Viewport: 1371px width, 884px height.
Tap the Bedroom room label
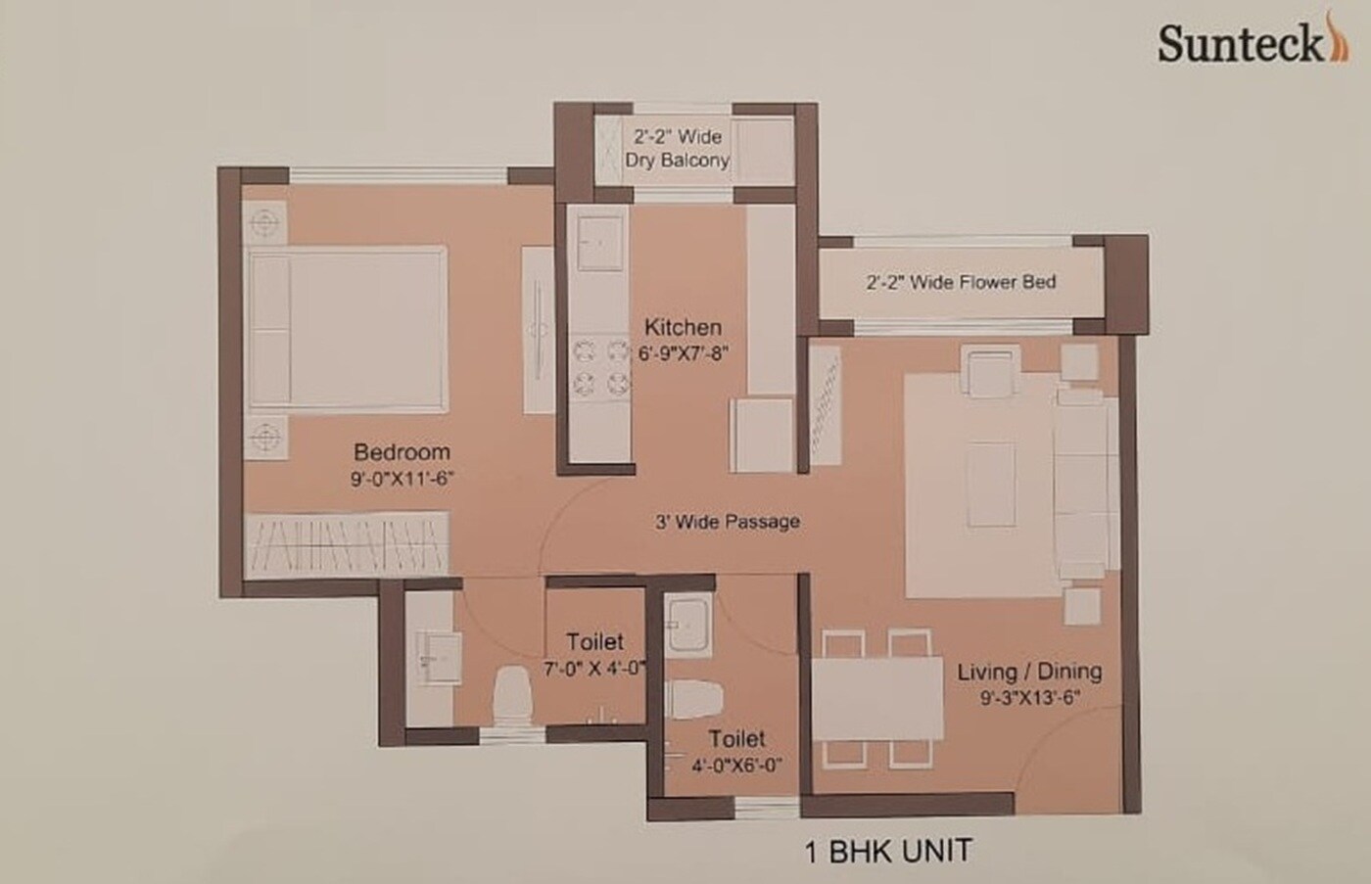(x=402, y=452)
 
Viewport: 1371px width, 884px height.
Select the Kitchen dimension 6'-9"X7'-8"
(x=683, y=352)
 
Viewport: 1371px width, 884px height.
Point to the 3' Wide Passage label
(x=727, y=522)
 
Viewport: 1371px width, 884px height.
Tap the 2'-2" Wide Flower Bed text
(x=961, y=283)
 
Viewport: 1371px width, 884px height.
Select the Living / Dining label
(x=1029, y=672)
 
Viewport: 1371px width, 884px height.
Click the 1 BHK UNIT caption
(x=888, y=850)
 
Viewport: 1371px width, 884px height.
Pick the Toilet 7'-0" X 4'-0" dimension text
(x=594, y=670)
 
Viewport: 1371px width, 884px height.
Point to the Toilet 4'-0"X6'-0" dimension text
(x=736, y=766)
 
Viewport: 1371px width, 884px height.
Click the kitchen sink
(x=599, y=241)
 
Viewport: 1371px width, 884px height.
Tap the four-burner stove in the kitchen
(x=599, y=365)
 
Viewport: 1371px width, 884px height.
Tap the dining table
(x=877, y=699)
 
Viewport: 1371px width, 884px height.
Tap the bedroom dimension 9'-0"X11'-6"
(x=402, y=479)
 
